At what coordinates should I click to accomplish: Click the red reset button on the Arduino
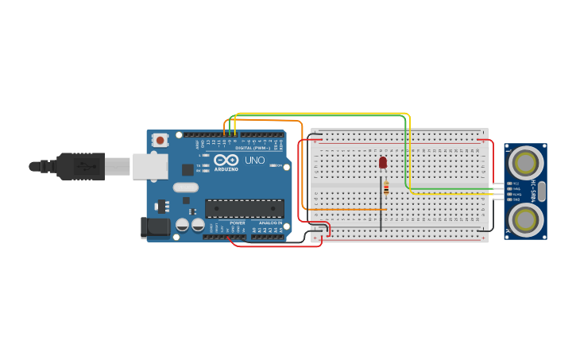[x=160, y=141]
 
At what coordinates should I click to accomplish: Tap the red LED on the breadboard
[x=383, y=162]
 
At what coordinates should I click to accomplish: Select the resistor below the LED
[x=386, y=188]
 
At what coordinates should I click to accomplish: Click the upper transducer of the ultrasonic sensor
[x=524, y=163]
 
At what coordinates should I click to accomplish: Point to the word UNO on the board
[x=255, y=161]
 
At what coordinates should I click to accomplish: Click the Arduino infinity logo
[x=226, y=161]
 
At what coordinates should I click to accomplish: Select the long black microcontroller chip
[x=244, y=208]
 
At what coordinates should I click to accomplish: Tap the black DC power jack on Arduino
[x=156, y=227]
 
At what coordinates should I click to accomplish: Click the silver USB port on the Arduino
[x=150, y=166]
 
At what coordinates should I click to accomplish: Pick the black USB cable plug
[x=79, y=166]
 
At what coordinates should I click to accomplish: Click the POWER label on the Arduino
[x=237, y=223]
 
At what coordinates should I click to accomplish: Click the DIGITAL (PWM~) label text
[x=252, y=148]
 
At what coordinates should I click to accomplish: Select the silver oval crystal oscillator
[x=184, y=188]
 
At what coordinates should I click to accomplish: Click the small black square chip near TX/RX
[x=188, y=169]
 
